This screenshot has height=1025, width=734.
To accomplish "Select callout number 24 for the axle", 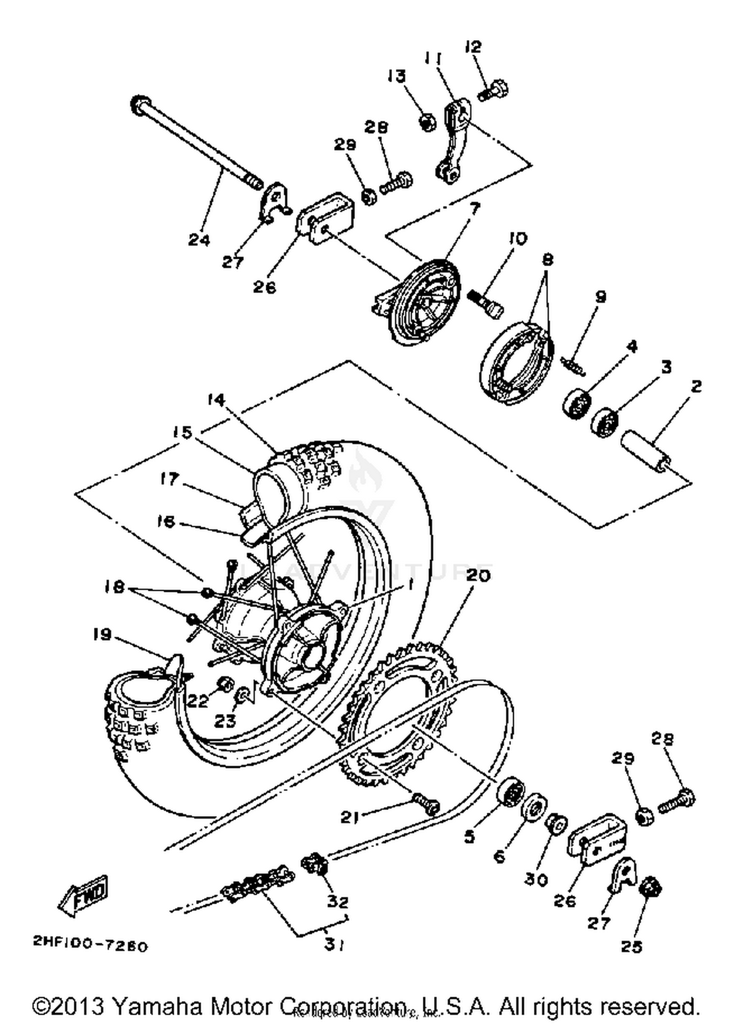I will (199, 240).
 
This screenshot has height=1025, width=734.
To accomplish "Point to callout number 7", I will (475, 208).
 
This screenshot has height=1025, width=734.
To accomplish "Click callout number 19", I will (102, 634).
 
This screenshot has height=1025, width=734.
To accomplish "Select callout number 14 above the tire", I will (215, 400).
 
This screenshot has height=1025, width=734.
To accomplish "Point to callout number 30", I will (536, 879).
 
